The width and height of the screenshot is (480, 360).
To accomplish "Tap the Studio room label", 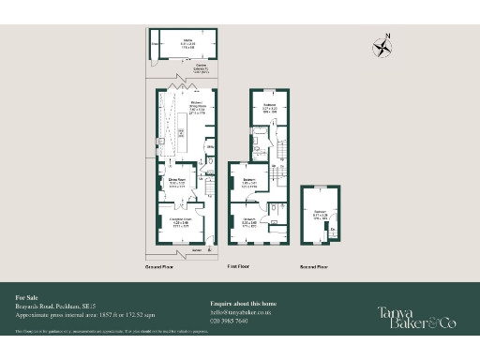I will pos(187,42).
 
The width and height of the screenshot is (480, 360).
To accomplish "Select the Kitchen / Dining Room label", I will pos(197,105).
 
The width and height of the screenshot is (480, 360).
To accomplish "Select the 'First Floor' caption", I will pos(243,268).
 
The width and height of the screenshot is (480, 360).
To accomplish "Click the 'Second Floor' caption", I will pos(314,268).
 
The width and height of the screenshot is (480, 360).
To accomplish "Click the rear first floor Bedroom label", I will pos(270,108).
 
